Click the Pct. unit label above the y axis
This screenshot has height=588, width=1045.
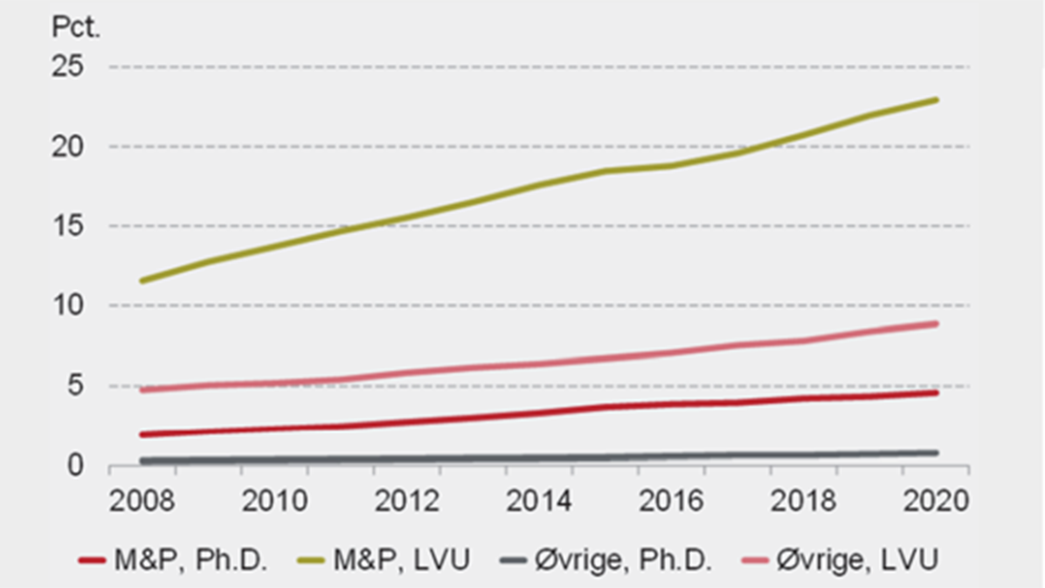point(79,28)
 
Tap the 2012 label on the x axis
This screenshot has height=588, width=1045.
point(406,504)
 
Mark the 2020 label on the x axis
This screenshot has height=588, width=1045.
point(935,504)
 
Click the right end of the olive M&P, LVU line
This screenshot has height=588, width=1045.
point(937,100)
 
